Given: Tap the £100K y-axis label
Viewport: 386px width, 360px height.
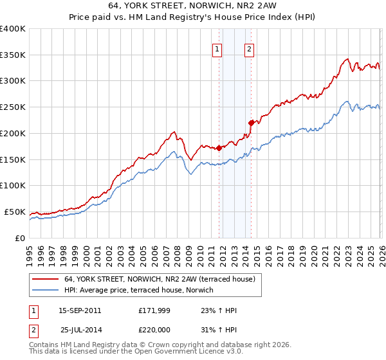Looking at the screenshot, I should [13, 185].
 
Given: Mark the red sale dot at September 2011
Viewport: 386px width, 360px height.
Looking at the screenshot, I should [219, 147].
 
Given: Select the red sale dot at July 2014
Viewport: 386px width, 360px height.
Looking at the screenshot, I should [251, 122].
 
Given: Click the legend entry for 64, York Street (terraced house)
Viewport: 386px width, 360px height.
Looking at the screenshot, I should [160, 279].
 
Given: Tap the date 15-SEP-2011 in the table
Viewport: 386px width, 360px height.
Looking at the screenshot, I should [80, 310].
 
